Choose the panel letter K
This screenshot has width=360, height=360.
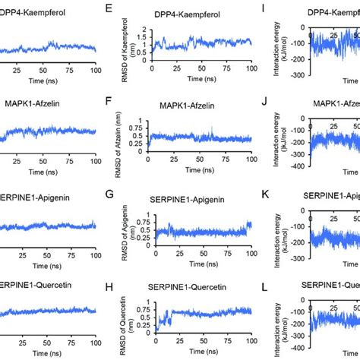pos(263,194)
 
